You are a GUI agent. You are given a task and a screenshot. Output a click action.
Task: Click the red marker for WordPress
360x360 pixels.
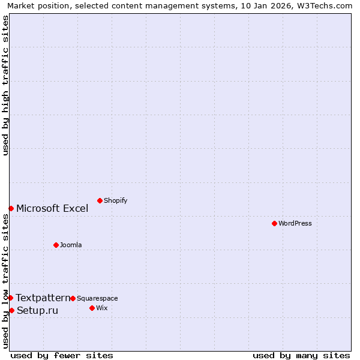pyautogui.click(x=274, y=223)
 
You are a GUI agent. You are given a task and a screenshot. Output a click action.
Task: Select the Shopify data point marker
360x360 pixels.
pyautogui.click(x=100, y=200)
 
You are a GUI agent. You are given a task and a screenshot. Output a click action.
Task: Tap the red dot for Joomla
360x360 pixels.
pyautogui.click(x=56, y=245)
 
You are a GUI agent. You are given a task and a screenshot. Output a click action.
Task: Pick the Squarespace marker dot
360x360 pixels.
pyautogui.click(x=73, y=298)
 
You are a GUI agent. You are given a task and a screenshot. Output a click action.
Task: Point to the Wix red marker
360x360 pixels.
pyautogui.click(x=92, y=308)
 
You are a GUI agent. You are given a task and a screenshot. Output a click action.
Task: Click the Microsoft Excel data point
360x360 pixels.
pyautogui.click(x=11, y=208)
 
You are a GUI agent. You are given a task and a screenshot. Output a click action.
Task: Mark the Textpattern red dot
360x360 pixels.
pyautogui.click(x=10, y=298)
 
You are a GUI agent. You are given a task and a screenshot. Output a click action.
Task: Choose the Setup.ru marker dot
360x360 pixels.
pyautogui.click(x=11, y=310)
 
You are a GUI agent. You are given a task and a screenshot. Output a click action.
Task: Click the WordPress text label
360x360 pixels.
pyautogui.click(x=295, y=224)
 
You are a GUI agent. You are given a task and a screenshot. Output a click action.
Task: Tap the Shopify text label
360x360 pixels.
pyautogui.click(x=115, y=201)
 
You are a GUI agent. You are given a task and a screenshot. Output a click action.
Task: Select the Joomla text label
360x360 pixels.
pyautogui.click(x=71, y=245)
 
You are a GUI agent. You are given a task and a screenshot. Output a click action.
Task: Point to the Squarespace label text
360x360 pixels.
pyautogui.click(x=97, y=299)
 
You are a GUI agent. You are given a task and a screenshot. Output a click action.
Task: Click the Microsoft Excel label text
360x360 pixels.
pyautogui.click(x=52, y=209)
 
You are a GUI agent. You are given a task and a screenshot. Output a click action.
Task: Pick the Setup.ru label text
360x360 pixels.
pyautogui.click(x=37, y=311)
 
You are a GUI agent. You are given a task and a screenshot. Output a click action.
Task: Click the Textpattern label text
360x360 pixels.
pyautogui.click(x=43, y=298)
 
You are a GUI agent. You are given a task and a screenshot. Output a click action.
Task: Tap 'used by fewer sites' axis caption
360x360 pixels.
pyautogui.click(x=62, y=355)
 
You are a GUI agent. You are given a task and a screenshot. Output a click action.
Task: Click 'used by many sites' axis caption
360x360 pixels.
pyautogui.click(x=301, y=355)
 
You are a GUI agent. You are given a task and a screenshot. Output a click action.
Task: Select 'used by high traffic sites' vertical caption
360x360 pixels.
pyautogui.click(x=5, y=85)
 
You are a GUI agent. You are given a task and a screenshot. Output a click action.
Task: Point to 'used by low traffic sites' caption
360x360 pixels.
pyautogui.click(x=5, y=281)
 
